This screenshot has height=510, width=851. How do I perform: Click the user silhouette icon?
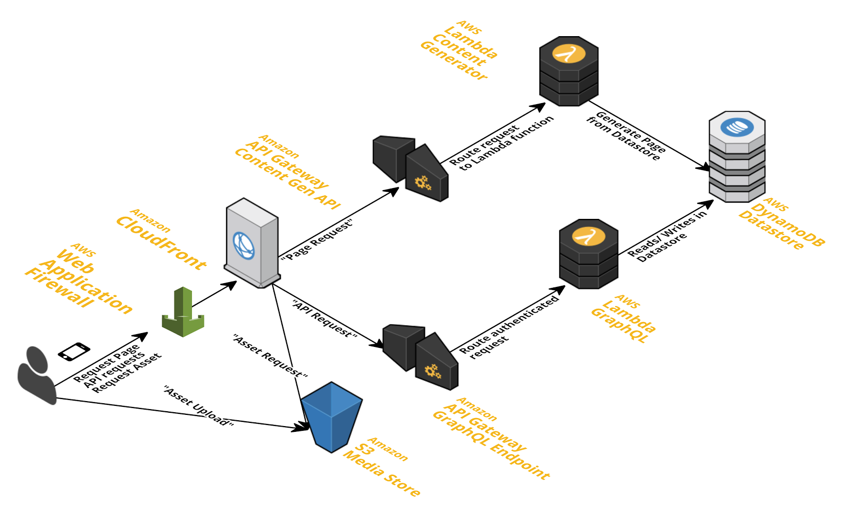point(37,375)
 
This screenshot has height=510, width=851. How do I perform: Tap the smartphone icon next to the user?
point(74,352)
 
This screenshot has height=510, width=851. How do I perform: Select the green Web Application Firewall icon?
point(183,312)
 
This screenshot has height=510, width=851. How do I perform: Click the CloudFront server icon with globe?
point(252,243)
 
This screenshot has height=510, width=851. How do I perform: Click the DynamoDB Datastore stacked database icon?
point(737,157)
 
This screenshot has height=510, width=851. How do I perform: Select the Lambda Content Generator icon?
point(569,71)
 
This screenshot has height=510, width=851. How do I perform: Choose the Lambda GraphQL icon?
point(588,254)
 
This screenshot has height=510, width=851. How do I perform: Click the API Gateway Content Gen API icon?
point(411,168)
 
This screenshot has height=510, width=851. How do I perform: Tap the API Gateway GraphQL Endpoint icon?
point(421,357)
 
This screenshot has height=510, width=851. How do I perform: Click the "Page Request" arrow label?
point(317,240)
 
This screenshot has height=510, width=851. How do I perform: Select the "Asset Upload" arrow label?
point(199,406)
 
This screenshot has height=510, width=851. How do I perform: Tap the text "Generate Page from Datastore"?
point(626,136)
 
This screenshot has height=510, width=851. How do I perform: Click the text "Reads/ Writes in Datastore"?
point(668,236)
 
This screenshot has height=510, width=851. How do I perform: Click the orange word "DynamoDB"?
point(788,225)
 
